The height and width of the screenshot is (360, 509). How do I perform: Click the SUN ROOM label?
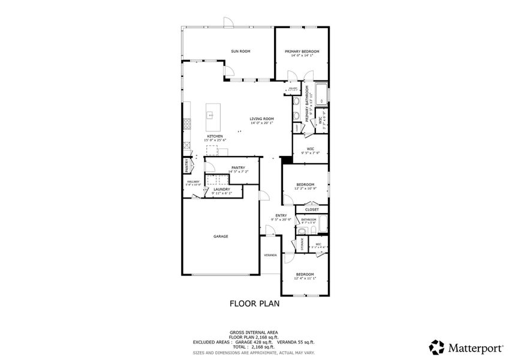point(240,52)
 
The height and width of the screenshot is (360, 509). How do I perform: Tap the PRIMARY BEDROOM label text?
point(302,52)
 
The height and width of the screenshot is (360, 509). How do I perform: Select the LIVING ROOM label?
point(262,119)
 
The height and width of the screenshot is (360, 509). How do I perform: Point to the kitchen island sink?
point(211,113)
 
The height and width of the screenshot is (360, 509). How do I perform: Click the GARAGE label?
point(220,236)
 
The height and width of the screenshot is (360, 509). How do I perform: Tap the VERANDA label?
point(270,255)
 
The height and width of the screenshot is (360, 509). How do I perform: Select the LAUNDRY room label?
point(221,189)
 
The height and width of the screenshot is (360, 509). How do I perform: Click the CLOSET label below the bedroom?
point(312,209)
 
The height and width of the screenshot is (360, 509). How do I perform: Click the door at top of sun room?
point(228,22)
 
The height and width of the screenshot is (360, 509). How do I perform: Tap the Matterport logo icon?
point(437,347)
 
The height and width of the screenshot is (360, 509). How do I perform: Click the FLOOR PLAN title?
point(254,304)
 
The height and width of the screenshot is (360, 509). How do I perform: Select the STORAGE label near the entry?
point(302,244)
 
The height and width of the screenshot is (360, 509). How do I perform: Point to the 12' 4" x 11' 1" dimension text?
point(305,278)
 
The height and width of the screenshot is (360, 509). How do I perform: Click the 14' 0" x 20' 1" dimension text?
point(262,123)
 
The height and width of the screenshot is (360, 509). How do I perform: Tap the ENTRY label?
point(281,215)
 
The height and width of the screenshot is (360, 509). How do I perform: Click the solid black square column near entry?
point(286,160)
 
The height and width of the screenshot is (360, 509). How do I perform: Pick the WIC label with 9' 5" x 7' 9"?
point(311,149)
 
